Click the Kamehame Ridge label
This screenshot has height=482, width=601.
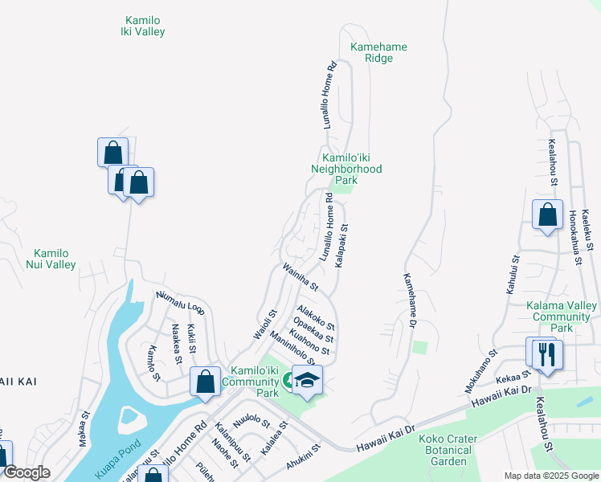tap(378, 52)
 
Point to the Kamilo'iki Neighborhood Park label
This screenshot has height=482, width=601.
tap(346, 169)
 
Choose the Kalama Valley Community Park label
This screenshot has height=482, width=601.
tap(562, 317)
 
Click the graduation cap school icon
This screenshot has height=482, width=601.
tap(306, 379)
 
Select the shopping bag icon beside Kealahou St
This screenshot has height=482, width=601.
tap(547, 215)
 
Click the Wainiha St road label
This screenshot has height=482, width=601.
tap(300, 276)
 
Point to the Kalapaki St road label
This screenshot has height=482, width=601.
tap(341, 247)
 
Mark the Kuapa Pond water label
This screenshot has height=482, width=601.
tap(117, 459)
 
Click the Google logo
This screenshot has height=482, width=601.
tap(27, 473)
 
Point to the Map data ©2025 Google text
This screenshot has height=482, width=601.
tap(550, 476)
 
